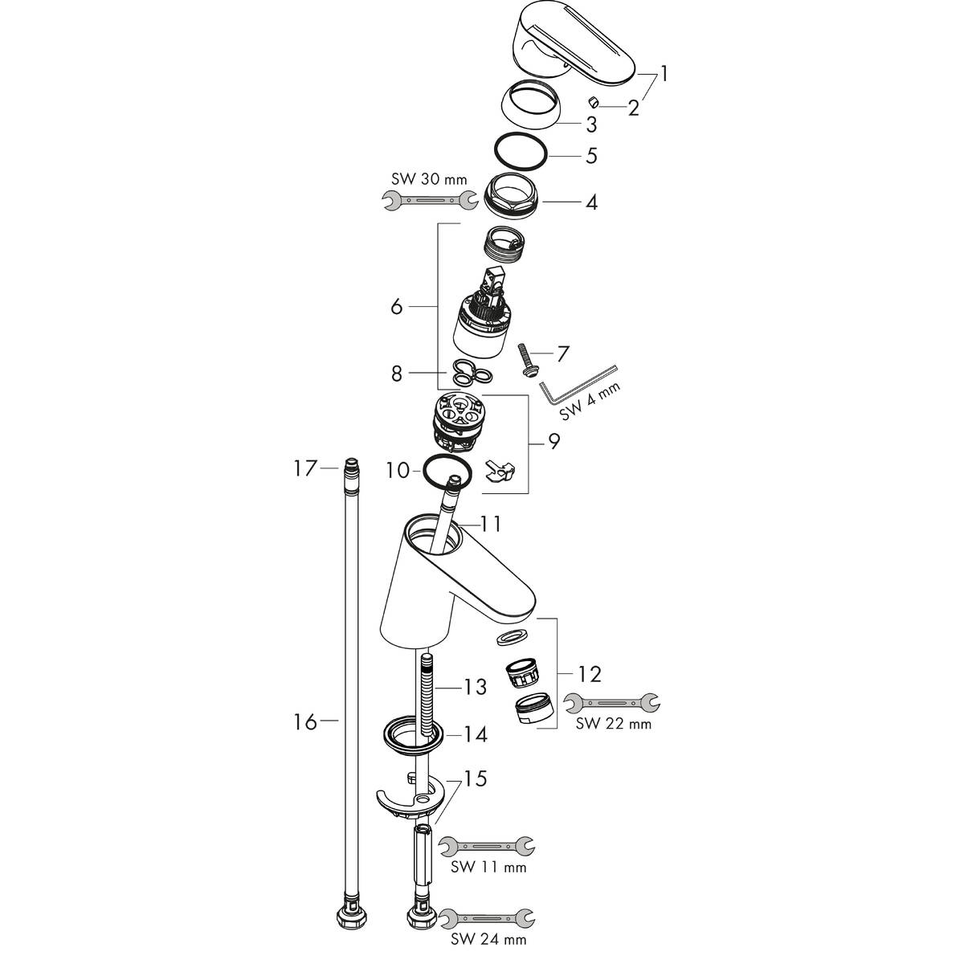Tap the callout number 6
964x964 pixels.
396,307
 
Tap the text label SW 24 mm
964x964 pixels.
488,938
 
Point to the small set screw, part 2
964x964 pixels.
593,102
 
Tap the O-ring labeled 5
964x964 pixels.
520,151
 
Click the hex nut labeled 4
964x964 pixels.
515,193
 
